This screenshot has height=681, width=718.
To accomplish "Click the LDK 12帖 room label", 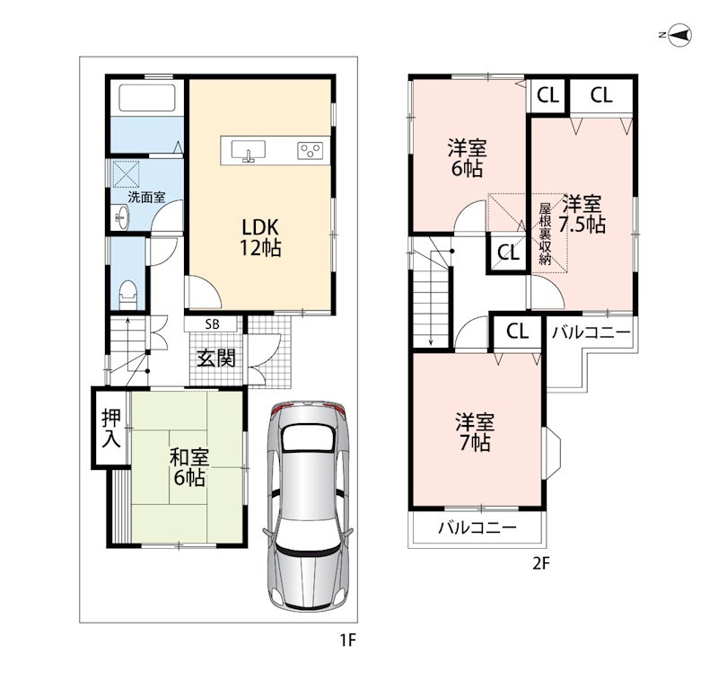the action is [x=260, y=237].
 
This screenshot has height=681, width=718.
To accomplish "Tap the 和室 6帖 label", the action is [x=189, y=468].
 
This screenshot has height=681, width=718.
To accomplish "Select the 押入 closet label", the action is [x=111, y=428].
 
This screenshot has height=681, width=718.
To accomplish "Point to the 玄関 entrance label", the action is [x=216, y=358].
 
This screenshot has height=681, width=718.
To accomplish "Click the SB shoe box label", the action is [x=213, y=324].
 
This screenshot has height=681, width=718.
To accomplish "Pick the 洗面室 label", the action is [x=146, y=198].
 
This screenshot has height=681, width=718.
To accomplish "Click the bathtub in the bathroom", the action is [x=147, y=97].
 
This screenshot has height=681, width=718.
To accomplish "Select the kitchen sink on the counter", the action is [x=249, y=150].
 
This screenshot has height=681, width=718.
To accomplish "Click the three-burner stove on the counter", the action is [x=310, y=150].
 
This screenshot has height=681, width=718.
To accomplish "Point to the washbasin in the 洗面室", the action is [x=121, y=217].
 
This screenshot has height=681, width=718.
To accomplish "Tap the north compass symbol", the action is [x=679, y=35].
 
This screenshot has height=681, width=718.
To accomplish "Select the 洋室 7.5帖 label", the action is [x=582, y=214].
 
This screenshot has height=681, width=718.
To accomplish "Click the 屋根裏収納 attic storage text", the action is [x=545, y=234].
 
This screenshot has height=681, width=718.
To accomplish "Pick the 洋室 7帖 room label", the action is [x=475, y=433].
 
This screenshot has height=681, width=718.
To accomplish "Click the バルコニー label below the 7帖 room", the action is [x=477, y=528].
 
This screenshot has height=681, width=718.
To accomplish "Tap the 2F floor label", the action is [x=540, y=563].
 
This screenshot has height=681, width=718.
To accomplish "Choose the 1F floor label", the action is [x=348, y=640].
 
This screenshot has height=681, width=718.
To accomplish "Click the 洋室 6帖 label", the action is [x=467, y=158].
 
